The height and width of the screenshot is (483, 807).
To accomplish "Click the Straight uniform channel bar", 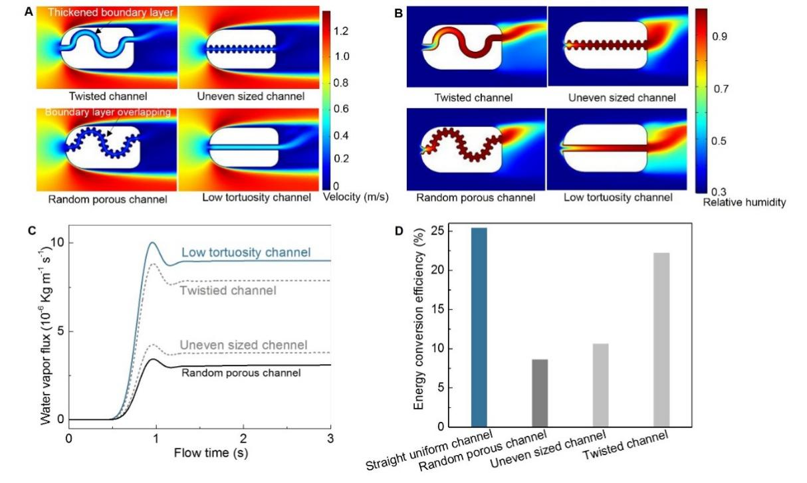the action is (x=479, y=327).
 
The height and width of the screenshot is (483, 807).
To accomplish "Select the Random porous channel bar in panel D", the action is (x=540, y=393).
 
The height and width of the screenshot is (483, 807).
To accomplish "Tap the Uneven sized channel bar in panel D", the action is (x=600, y=385).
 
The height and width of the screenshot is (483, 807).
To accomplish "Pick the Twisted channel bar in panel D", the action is (x=661, y=339).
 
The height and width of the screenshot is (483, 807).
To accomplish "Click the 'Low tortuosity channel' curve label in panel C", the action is (x=246, y=252).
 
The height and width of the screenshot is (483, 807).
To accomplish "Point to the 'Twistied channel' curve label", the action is (x=228, y=290).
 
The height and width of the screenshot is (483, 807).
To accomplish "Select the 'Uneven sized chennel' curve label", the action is (x=243, y=345).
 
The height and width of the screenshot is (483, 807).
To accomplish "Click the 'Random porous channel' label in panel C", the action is (x=241, y=373).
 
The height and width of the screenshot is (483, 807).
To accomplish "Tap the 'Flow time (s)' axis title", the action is (x=211, y=452).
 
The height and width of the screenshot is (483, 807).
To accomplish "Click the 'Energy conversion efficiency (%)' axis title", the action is (x=419, y=319).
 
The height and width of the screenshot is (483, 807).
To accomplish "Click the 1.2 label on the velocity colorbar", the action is (x=341, y=31).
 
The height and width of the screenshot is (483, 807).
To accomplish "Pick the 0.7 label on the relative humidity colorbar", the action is (x=721, y=88).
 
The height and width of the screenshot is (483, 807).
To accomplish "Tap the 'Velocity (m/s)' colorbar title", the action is (x=356, y=197).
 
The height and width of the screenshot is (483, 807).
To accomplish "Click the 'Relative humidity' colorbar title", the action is (x=745, y=202).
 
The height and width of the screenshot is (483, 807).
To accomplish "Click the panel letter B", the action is (x=398, y=13).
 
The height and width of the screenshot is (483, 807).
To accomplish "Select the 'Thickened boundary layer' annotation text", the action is (x=110, y=13).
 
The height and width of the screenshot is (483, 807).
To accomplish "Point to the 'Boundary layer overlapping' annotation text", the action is (x=108, y=112).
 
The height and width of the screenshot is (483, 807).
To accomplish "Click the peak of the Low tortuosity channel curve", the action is (x=152, y=242).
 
